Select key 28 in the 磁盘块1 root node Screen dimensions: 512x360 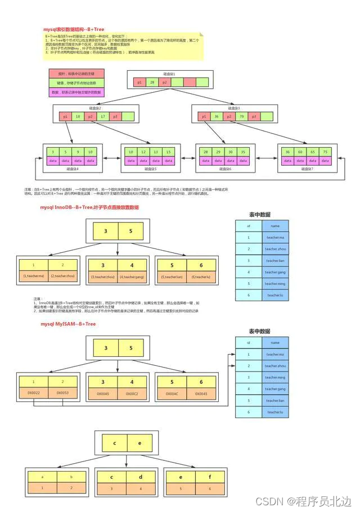tap(152, 82)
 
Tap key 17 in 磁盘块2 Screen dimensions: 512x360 tap(103, 116)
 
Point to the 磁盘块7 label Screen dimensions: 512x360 tap(307, 168)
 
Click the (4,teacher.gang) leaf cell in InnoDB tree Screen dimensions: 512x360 tap(132, 277)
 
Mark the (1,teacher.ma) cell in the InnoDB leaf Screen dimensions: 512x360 tap(33, 277)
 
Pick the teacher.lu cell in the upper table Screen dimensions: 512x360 tap(274, 295)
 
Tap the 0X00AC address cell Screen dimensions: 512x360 tap(172, 393)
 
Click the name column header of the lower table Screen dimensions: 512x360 tap(274, 342)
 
